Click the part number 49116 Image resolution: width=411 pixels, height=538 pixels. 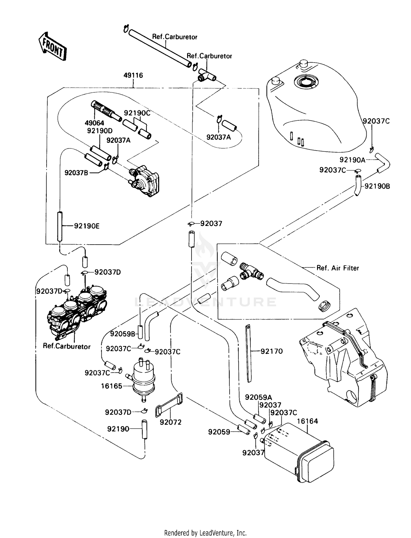coord(133,75)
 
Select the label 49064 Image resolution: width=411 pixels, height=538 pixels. coord(94,123)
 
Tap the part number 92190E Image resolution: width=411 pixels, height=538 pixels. coord(87,226)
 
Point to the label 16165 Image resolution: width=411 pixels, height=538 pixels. coord(112,386)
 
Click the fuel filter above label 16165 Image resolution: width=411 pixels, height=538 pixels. coord(143,378)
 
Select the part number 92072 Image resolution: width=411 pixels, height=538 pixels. coord(170,422)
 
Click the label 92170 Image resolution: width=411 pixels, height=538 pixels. coord(271,351)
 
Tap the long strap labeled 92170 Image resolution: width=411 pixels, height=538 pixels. coord(249,354)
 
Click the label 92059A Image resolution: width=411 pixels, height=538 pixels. coord(258,397)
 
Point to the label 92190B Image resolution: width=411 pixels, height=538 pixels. coord(377,186)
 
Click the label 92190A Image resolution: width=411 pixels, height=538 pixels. coord(352,160)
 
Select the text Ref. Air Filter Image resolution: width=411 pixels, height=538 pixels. coord(338,268)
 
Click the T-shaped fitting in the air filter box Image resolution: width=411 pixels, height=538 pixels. coord(250,272)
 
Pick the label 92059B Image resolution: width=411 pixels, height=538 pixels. coord(123,334)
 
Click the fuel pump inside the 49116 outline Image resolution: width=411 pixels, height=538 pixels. coord(145,180)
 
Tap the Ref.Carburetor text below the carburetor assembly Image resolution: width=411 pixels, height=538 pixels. coord(67,346)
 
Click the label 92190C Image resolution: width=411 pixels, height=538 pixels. coord(137,113)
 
